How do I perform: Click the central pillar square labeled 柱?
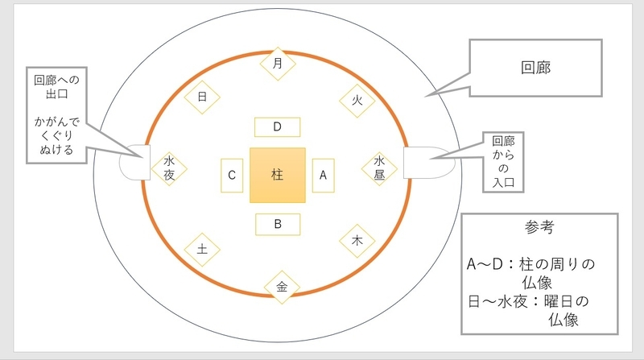[x=278, y=175]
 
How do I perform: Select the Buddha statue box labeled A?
[x=324, y=176]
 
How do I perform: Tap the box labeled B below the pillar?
[x=278, y=225]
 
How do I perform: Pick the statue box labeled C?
[x=232, y=176]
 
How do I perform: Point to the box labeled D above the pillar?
[x=277, y=127]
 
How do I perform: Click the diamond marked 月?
[x=278, y=64]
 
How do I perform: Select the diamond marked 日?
[x=202, y=97]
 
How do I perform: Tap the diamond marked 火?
[x=357, y=101]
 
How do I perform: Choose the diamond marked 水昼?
[x=379, y=168]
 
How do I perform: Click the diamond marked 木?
[x=357, y=241]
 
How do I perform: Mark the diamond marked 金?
[x=282, y=287]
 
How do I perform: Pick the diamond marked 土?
[x=202, y=250]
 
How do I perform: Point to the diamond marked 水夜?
[x=169, y=168]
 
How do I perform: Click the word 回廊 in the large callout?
[x=535, y=68]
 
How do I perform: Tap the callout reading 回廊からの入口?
[x=503, y=162]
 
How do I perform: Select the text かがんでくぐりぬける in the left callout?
[x=56, y=135]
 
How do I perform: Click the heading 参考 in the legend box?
[x=539, y=227]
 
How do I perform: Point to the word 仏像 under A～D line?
[x=537, y=283]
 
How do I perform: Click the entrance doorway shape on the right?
[x=429, y=163]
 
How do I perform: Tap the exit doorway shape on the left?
[x=134, y=163]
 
